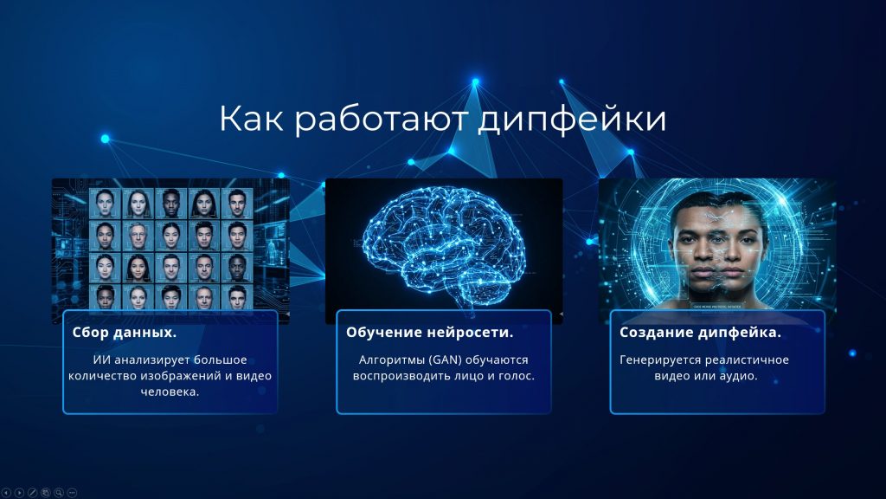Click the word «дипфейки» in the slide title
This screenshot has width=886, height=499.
tap(572, 120)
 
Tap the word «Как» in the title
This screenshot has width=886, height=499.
tap(251, 118)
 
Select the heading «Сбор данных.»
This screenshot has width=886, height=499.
tap(125, 333)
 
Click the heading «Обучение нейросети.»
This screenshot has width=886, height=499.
tap(429, 333)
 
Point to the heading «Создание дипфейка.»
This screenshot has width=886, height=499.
tap(700, 333)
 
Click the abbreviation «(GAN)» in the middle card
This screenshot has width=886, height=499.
tap(446, 360)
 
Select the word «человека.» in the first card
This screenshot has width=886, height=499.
tap(170, 392)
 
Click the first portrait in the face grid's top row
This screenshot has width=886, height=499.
tap(105, 203)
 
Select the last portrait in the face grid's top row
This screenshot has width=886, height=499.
tap(237, 203)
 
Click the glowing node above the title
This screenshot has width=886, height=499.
tap(475, 82)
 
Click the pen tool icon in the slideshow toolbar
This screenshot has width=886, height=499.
tap(33, 493)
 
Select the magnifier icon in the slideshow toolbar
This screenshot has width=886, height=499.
tap(59, 493)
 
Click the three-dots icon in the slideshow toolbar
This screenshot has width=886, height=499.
tap(72, 493)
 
